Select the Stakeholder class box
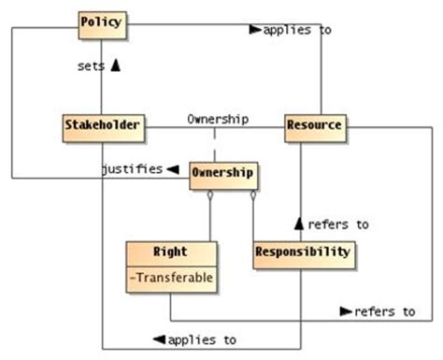[103, 125]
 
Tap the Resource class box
[314, 125]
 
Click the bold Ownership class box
[222, 175]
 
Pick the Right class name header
[173, 252]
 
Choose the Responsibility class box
[303, 252]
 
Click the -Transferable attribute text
[173, 277]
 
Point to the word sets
[92, 65]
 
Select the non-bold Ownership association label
[218, 119]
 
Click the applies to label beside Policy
[298, 30]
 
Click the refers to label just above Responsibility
[337, 224]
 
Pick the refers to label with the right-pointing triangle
[385, 310]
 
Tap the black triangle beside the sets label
[115, 65]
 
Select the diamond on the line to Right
[211, 196]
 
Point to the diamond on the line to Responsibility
[252, 196]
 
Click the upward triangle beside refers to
[300, 223]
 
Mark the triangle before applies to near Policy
[255, 30]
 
